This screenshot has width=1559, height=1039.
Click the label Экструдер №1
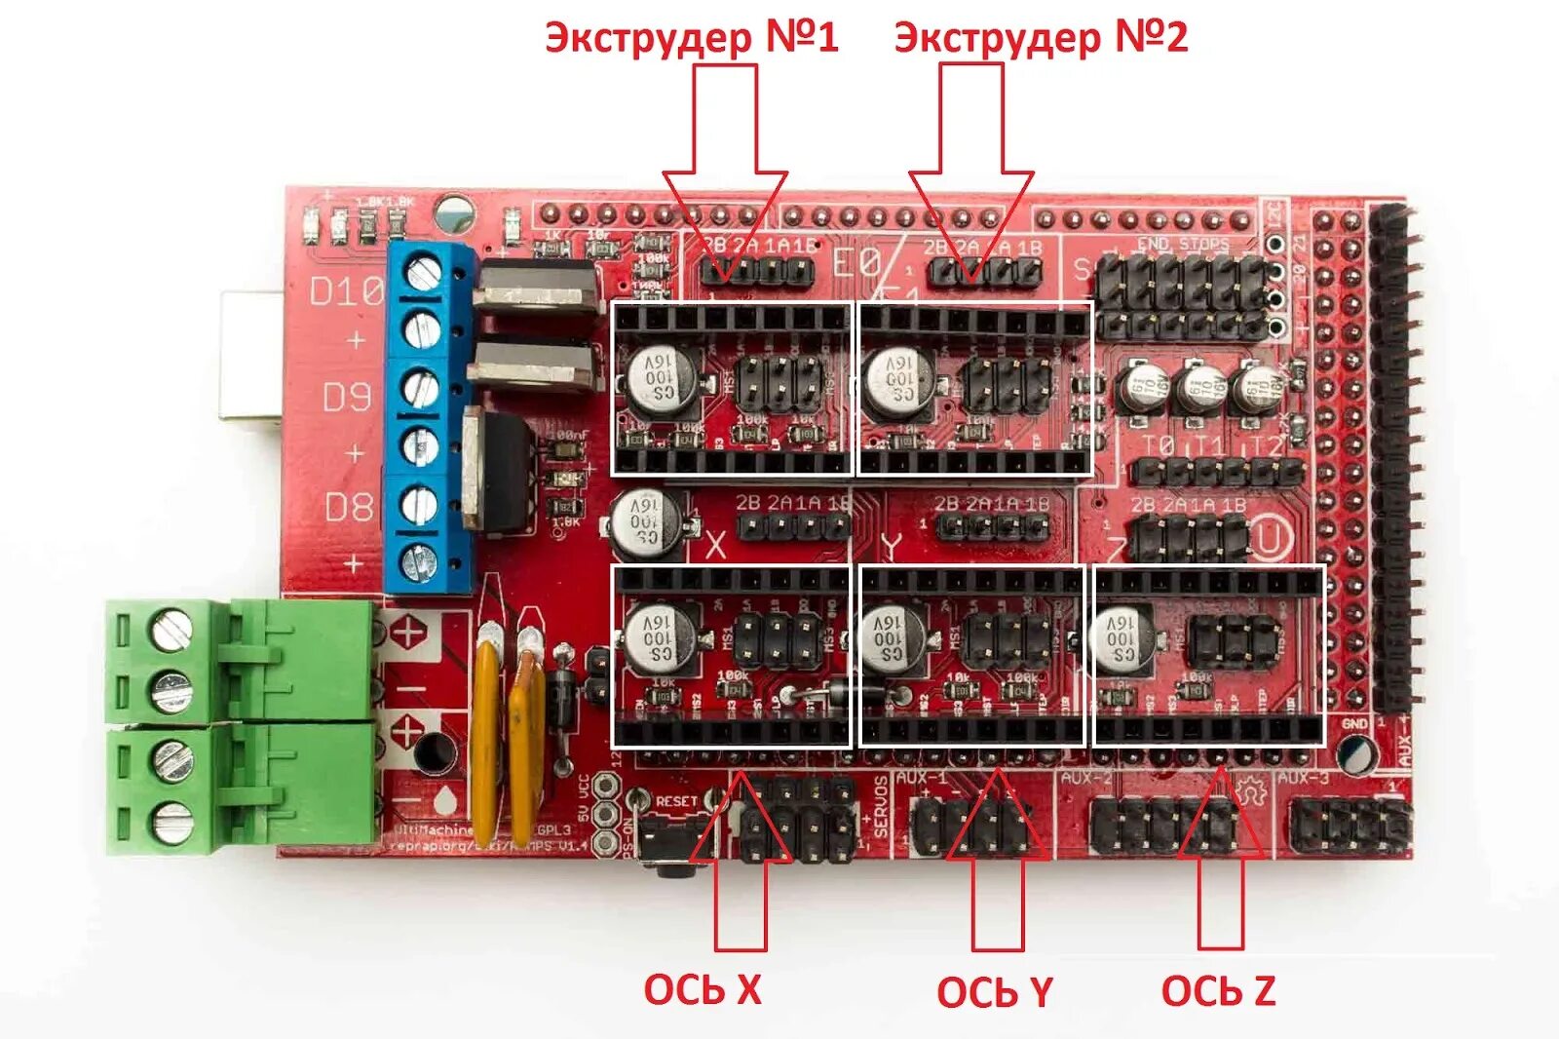point(691,38)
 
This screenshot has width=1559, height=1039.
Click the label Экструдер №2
point(1040,38)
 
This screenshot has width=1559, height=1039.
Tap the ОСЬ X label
point(702,989)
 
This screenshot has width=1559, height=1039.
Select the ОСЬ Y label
point(994,992)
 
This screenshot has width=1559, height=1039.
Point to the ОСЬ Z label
point(1218,990)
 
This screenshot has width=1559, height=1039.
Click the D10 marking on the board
point(346,290)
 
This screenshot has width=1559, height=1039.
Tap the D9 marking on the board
point(347,397)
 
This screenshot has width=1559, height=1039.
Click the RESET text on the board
point(676,801)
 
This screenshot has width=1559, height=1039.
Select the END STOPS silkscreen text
point(1183,244)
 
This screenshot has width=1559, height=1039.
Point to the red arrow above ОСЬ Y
point(997,858)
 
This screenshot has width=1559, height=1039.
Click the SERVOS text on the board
point(881,806)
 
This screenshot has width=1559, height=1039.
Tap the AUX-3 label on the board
point(1303,778)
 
